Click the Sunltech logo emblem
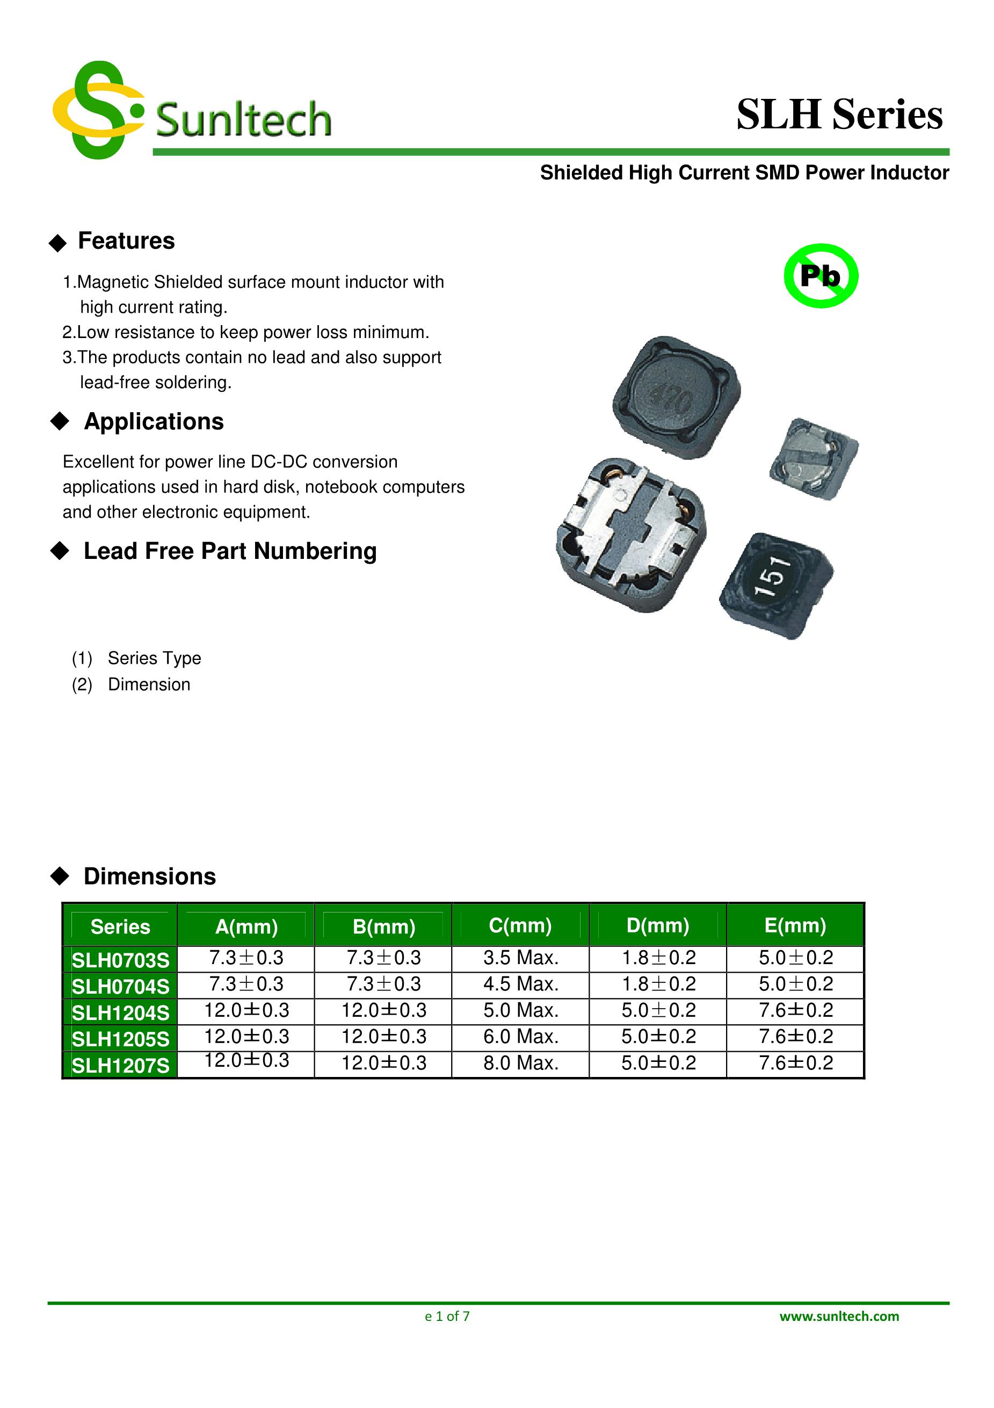point(98,110)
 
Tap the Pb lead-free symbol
point(821,276)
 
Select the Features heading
point(126,241)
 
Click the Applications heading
point(153,422)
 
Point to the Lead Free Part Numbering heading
point(230,551)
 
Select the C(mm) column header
point(520,925)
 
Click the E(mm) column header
point(795,925)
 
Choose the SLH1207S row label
point(120,1066)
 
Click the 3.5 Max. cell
point(520,958)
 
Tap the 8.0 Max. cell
point(520,1064)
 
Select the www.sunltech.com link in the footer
point(839,1316)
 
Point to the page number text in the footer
point(447,1316)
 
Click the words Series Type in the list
point(155,658)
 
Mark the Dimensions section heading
point(149,877)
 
